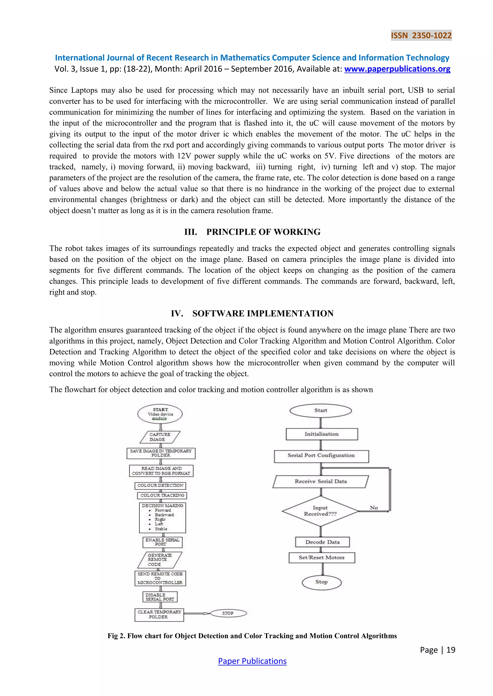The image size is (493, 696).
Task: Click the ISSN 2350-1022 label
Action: (421, 36)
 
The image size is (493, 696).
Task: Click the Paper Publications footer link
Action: (252, 661)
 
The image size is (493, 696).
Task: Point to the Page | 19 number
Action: (437, 650)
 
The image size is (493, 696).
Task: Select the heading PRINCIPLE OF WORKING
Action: (263, 232)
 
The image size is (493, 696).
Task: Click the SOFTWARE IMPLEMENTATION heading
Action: (263, 313)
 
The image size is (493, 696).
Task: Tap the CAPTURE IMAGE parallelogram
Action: (160, 437)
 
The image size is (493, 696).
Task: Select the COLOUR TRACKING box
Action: (162, 495)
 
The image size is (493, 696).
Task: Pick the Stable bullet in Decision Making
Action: (161, 529)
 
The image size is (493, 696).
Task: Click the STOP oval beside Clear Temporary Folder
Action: (228, 613)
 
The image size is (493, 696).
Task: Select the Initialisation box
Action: (321, 434)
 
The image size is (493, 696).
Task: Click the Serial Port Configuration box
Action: (321, 456)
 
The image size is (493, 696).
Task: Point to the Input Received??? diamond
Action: (320, 511)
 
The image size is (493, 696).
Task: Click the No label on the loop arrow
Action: (374, 508)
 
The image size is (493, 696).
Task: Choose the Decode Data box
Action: (322, 542)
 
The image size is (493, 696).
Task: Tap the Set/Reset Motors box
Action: (321, 558)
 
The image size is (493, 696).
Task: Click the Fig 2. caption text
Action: (252, 636)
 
